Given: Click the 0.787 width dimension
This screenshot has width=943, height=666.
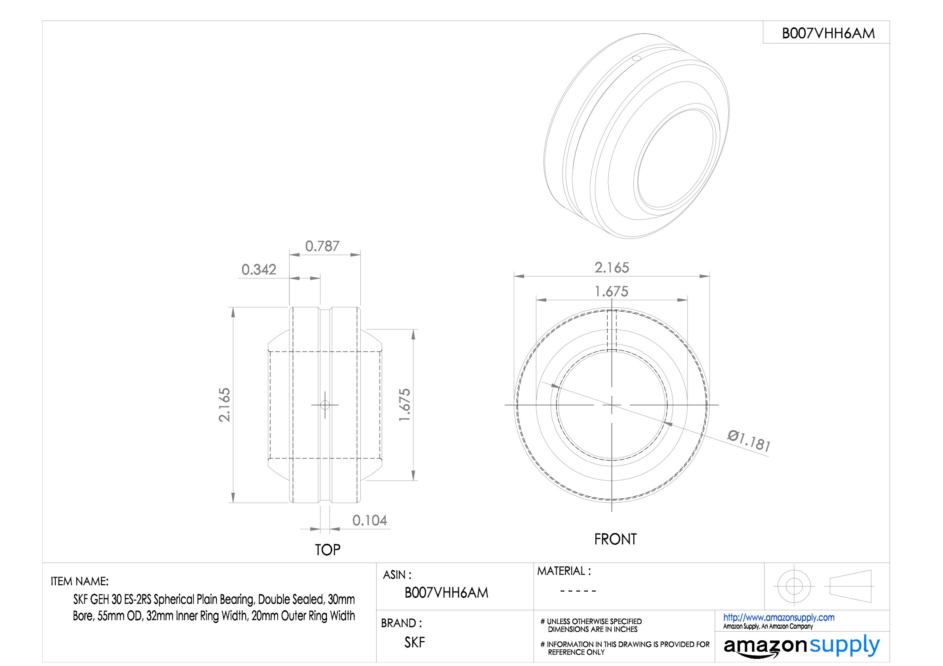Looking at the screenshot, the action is pos(322,246).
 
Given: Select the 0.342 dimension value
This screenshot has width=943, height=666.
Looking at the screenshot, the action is pos(259,269).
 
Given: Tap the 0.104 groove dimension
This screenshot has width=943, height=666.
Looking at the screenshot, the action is pos(369,520).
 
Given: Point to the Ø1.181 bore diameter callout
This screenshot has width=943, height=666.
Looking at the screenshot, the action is pos(749,441).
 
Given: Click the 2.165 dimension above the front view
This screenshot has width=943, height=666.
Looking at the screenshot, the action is pos(612,267).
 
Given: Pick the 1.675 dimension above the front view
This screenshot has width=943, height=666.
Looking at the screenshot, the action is pos(612,291).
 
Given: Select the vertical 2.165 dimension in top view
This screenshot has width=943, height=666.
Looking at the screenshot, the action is pos(224,405).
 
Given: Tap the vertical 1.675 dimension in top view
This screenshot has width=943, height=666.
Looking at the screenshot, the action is pos(405,405).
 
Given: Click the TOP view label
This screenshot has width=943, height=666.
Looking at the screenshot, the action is pos(328,549).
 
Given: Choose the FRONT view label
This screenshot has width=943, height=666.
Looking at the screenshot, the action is pos(615,539).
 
